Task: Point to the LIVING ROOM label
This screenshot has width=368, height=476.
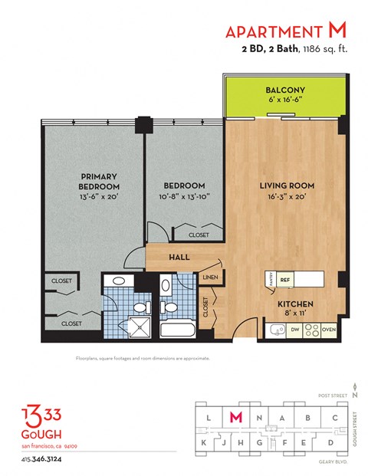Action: [x=287, y=185]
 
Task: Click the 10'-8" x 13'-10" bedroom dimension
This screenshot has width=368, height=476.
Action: [x=185, y=196]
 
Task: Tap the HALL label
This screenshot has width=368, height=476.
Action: [x=179, y=258]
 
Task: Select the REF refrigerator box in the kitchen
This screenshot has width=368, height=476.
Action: [x=284, y=281]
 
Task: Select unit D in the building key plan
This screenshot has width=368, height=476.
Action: [x=330, y=443]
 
